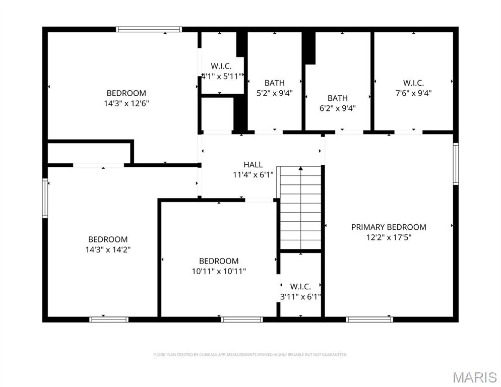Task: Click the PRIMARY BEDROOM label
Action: pyautogui.click(x=389, y=227)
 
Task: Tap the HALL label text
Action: pyautogui.click(x=253, y=165)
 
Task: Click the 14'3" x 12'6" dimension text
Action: pyautogui.click(x=126, y=103)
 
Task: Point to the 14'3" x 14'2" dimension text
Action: pyautogui.click(x=108, y=249)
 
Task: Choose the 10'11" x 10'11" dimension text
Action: pyautogui.click(x=219, y=271)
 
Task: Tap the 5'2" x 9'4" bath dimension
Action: pyautogui.click(x=275, y=93)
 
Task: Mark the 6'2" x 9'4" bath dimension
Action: pyautogui.click(x=338, y=108)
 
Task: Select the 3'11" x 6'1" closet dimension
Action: pyautogui.click(x=301, y=297)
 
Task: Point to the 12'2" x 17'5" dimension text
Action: pyautogui.click(x=389, y=237)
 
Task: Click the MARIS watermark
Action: pyautogui.click(x=475, y=377)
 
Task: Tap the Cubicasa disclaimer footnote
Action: pyautogui.click(x=250, y=355)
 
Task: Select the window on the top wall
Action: pyautogui.click(x=149, y=29)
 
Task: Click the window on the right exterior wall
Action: pyautogui.click(x=456, y=164)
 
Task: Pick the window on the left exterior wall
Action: pyautogui.click(x=45, y=198)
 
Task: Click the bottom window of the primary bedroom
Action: pyautogui.click(x=370, y=319)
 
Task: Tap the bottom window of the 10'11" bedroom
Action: pyautogui.click(x=242, y=319)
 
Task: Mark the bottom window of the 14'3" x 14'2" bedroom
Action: pyautogui.click(x=109, y=319)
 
